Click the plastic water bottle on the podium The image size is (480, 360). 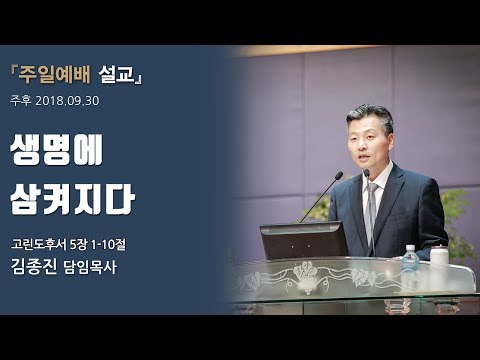pyautogui.click(x=410, y=259)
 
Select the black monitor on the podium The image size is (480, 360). pyautogui.click(x=303, y=241)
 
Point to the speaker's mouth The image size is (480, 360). pyautogui.click(x=357, y=155)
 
